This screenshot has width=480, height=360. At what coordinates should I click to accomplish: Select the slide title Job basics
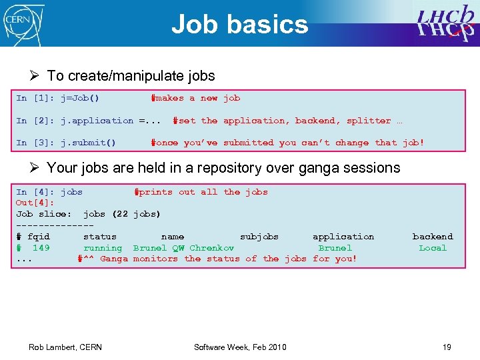(x=239, y=25)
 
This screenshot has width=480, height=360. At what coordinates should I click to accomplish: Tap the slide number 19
(x=447, y=347)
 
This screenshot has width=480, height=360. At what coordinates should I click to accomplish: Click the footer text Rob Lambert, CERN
(x=65, y=347)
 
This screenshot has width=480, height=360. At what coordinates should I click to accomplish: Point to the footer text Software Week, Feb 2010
(x=240, y=347)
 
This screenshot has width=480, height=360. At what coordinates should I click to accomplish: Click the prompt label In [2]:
(x=35, y=121)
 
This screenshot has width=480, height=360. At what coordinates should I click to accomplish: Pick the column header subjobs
(x=259, y=237)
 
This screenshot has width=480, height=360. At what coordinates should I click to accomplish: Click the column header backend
(x=433, y=237)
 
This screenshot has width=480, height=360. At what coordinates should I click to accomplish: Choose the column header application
(x=343, y=237)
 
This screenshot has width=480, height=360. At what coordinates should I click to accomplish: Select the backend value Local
(x=433, y=248)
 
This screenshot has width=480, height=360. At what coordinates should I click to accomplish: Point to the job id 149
(x=41, y=248)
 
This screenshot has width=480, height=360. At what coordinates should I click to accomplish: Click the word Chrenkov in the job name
(x=212, y=248)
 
